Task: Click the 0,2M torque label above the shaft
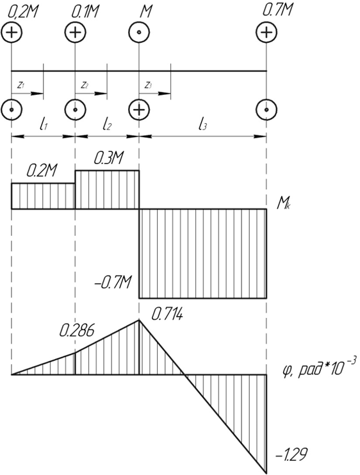click(x=21, y=13)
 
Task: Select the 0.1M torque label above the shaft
click(x=85, y=12)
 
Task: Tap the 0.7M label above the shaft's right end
click(x=277, y=10)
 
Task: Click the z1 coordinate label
click(x=20, y=85)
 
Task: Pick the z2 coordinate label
click(x=85, y=85)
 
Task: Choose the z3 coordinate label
click(x=148, y=85)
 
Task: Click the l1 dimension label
click(x=44, y=124)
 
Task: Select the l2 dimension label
click(x=106, y=124)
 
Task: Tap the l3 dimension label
click(x=202, y=124)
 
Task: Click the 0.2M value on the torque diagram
click(x=42, y=171)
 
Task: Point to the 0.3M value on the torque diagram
click(x=109, y=158)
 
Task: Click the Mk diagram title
click(x=282, y=206)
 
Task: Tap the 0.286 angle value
click(x=77, y=331)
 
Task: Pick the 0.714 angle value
click(x=167, y=315)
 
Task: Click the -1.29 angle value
click(x=291, y=454)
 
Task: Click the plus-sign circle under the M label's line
click(x=138, y=110)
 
